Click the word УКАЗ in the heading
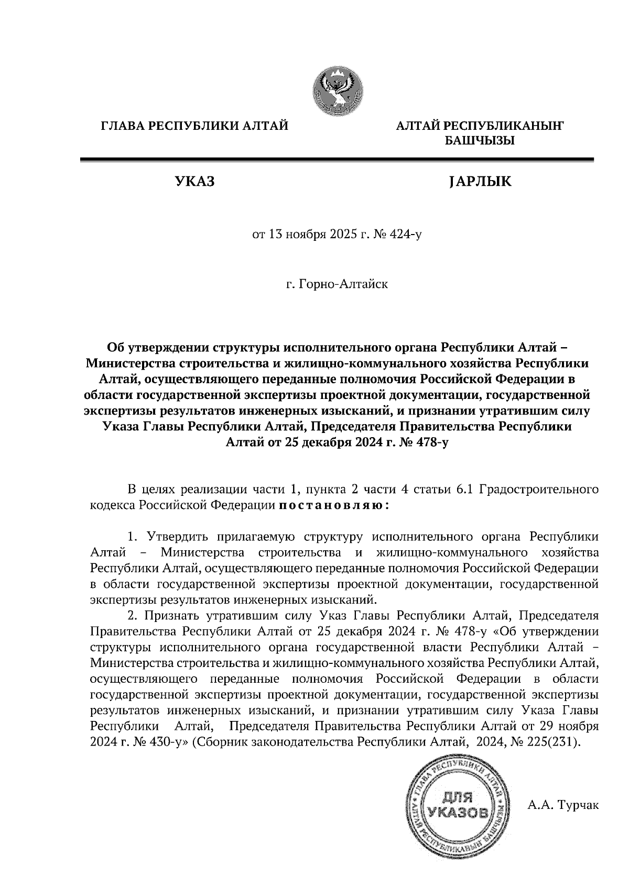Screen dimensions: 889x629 point(194,182)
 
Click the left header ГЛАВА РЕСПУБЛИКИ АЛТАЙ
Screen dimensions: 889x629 point(194,126)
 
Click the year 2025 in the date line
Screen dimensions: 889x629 point(342,235)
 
